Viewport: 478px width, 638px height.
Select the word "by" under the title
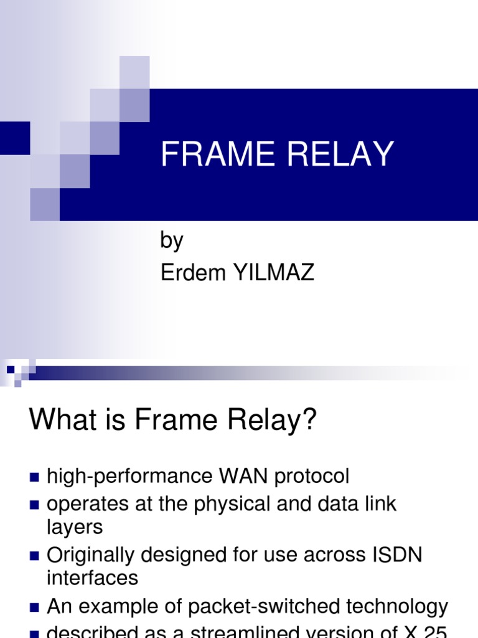(x=172, y=240)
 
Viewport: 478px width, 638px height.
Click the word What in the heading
(x=63, y=421)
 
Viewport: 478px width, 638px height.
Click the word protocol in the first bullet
(x=311, y=477)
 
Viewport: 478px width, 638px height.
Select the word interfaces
(x=92, y=578)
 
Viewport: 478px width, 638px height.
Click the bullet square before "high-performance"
(x=34, y=478)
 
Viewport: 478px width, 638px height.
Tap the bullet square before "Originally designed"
(x=34, y=555)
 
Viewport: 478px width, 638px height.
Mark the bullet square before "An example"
(x=34, y=607)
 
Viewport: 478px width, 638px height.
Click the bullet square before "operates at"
(x=34, y=504)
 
